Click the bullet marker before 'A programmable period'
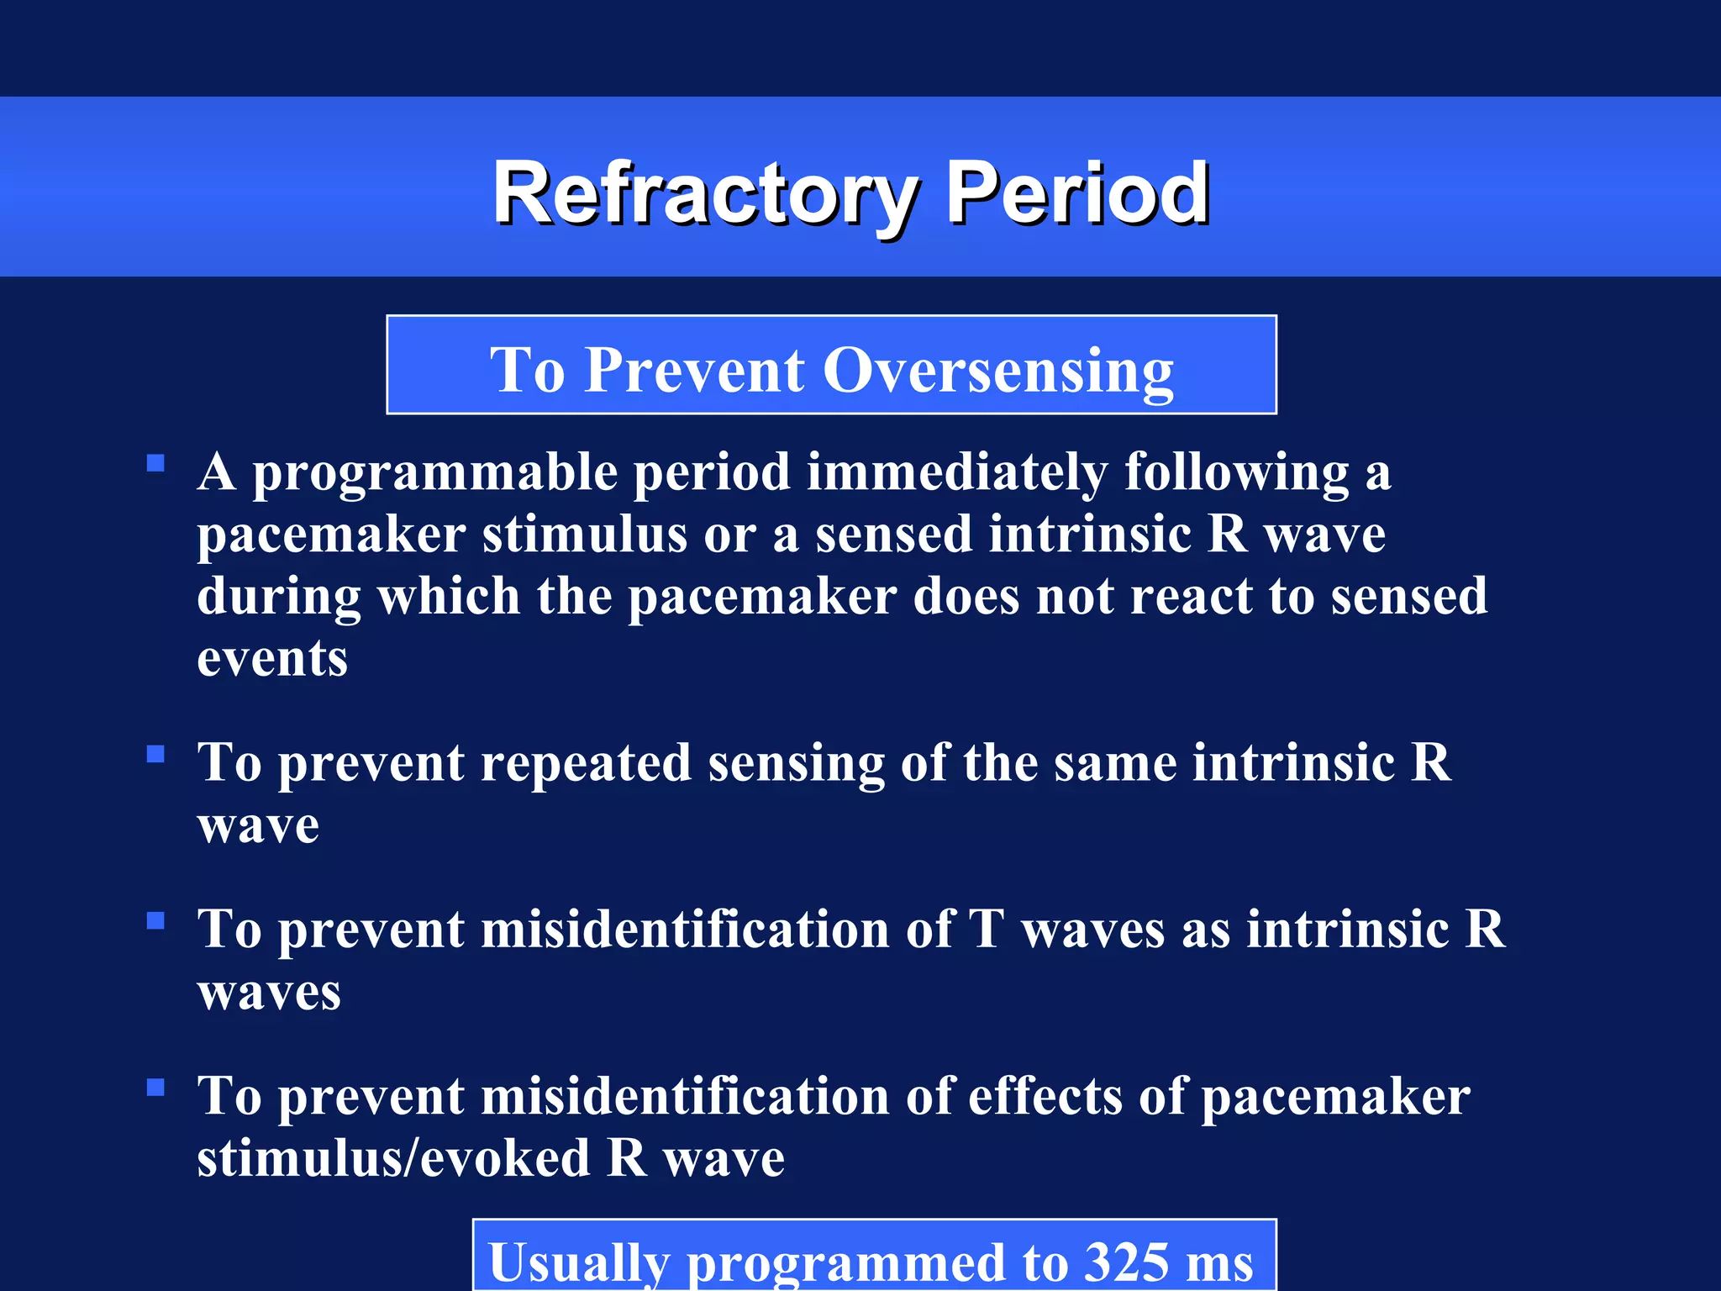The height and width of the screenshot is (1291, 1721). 155,463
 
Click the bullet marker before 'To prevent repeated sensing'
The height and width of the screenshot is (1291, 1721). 155,754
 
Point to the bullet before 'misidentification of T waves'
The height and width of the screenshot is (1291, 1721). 155,920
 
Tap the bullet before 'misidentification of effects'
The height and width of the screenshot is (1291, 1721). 155,1088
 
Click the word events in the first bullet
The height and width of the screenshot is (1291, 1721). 272,659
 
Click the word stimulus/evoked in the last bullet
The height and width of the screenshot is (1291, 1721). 393,1159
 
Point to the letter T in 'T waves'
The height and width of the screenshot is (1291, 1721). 986,929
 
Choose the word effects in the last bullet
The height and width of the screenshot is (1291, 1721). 1045,1097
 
